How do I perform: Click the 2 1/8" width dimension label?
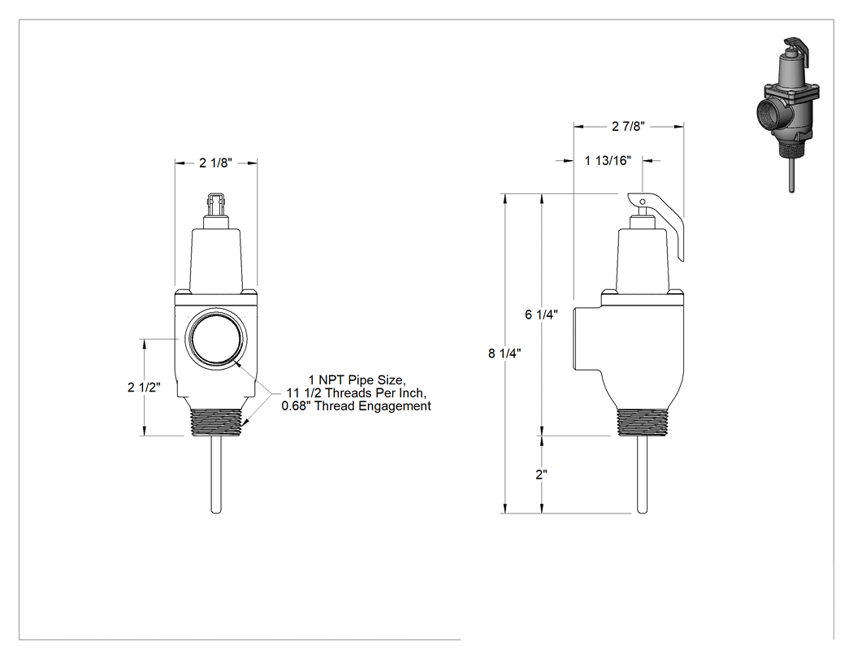[x=216, y=163]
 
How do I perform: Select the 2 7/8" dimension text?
[x=628, y=126]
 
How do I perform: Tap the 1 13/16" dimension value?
[x=608, y=161]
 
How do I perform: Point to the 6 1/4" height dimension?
[x=541, y=314]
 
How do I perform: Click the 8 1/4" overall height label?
[x=504, y=353]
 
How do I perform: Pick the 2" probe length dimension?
[x=541, y=475]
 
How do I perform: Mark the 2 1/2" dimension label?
[x=144, y=388]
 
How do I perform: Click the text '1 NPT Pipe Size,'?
[x=357, y=379]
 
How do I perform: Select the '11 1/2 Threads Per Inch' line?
[x=357, y=393]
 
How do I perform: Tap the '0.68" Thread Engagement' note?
[x=357, y=406]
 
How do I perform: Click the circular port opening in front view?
[x=216, y=340]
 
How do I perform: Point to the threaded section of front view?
[x=216, y=423]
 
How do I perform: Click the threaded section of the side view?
[x=643, y=423]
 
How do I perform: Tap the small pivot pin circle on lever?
[x=642, y=202]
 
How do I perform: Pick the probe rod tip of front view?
[x=216, y=511]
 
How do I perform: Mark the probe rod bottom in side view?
[x=643, y=511]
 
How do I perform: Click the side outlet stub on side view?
[x=587, y=339]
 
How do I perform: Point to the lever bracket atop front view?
[x=216, y=203]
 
